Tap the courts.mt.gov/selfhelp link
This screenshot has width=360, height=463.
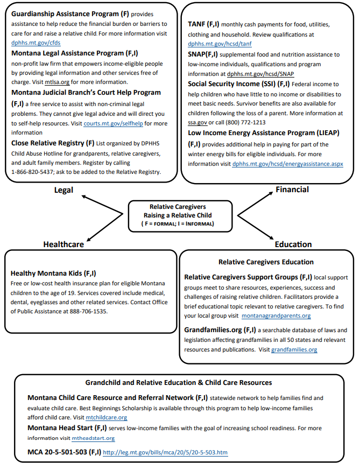(x=109, y=123)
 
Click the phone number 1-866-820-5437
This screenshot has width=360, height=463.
(x=37, y=172)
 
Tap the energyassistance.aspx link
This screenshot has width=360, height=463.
(x=287, y=163)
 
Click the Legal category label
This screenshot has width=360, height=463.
(x=63, y=190)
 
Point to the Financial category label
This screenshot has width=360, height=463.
(x=292, y=190)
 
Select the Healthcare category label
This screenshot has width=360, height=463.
(x=63, y=244)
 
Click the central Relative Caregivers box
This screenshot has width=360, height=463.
(x=181, y=215)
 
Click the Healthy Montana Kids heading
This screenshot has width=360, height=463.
(x=54, y=273)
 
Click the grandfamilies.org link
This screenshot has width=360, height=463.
(x=294, y=349)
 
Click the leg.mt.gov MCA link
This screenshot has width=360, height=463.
(x=165, y=453)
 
